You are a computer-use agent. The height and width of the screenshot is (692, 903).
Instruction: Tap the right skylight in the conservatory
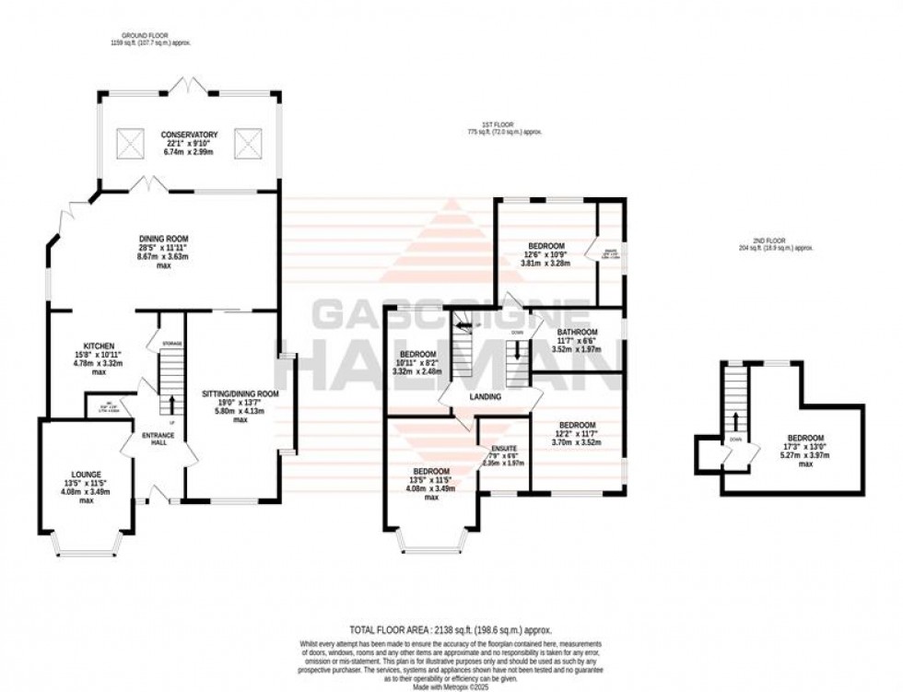point(248,142)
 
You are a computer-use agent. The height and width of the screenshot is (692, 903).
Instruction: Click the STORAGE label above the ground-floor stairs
point(172,344)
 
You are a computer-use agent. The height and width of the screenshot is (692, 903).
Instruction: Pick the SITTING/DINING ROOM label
point(240,393)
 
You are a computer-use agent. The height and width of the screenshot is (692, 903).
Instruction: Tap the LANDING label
point(485,397)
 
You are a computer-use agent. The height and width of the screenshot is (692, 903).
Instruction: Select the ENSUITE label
point(502,446)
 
